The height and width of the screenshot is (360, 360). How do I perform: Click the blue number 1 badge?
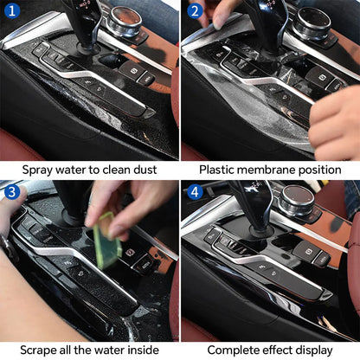pyautogui.click(x=11, y=11)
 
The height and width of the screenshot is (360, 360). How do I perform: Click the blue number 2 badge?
pyautogui.click(x=194, y=11)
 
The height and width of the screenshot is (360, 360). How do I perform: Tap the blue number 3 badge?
pyautogui.click(x=11, y=192)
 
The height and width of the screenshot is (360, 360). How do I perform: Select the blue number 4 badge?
pyautogui.click(x=194, y=192)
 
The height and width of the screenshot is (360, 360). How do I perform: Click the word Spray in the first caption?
pyautogui.click(x=38, y=170)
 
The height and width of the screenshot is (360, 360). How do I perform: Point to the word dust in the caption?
pyautogui.click(x=143, y=170)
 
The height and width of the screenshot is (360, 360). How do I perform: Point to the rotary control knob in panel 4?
pyautogui.click(x=296, y=202)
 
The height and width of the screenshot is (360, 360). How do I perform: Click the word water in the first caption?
pyautogui.click(x=83, y=170)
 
